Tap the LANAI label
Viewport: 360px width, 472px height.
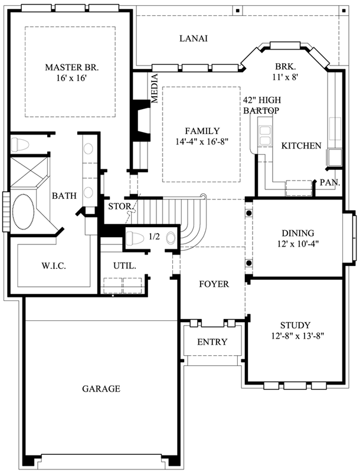point(193,38)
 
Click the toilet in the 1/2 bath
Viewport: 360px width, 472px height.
point(135,237)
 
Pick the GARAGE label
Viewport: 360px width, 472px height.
point(101,389)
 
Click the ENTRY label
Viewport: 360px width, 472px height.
point(211,342)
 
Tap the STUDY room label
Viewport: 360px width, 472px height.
point(294,325)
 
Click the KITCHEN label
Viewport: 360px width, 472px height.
point(301,146)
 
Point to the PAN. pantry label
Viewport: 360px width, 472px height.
point(329,183)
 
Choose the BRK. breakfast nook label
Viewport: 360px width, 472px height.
point(285,66)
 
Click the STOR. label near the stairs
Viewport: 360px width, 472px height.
point(119,206)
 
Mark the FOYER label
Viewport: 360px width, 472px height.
point(213,284)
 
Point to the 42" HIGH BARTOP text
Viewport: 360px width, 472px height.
point(261,105)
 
